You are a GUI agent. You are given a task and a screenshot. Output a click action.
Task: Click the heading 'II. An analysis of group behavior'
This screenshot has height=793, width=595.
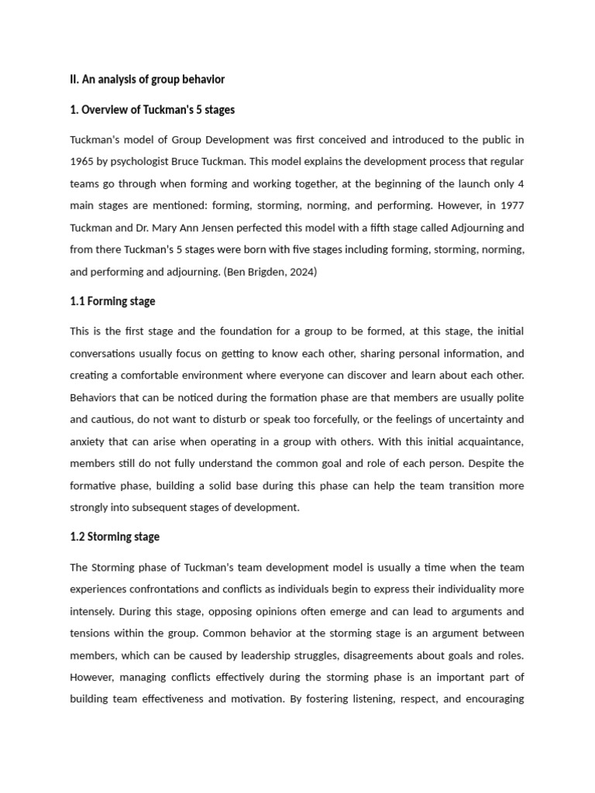point(147,80)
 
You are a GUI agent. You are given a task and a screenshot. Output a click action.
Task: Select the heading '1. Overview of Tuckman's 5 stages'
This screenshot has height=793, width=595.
point(152,110)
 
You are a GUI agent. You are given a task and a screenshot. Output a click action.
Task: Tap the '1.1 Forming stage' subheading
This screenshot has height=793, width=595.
point(112,300)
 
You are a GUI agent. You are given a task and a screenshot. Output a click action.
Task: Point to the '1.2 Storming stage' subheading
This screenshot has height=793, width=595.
point(115,536)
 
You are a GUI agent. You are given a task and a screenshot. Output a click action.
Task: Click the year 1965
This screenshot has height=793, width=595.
point(84,162)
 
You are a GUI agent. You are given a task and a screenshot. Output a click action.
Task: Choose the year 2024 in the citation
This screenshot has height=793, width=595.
point(302,272)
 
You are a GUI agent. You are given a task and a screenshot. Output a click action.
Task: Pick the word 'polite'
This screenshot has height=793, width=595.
point(507,397)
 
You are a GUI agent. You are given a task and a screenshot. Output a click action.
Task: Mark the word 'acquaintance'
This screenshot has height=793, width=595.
point(487,441)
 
